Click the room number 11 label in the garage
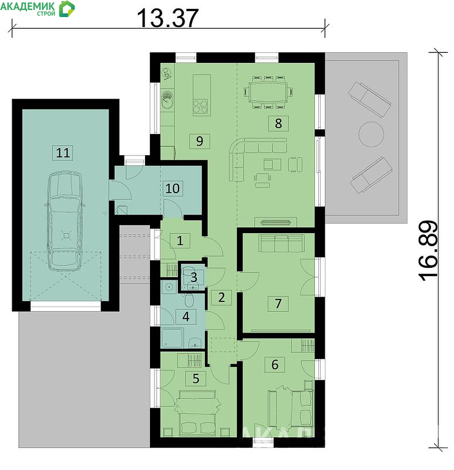click(63, 153)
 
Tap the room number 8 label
click(278, 123)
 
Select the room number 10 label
click(173, 188)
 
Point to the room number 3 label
click(194, 277)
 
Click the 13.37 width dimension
click(167, 18)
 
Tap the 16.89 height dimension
click(428, 251)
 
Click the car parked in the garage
click(65, 221)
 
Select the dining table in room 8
click(268, 92)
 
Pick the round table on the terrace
click(371, 134)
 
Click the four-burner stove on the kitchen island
click(200, 106)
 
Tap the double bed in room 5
click(197, 413)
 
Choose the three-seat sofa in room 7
click(281, 243)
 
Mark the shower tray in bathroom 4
click(172, 338)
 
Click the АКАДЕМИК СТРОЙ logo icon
click(66, 9)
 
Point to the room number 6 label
click(274, 364)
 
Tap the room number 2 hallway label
click(221, 297)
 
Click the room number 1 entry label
click(180, 240)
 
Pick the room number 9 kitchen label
click(199, 141)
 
